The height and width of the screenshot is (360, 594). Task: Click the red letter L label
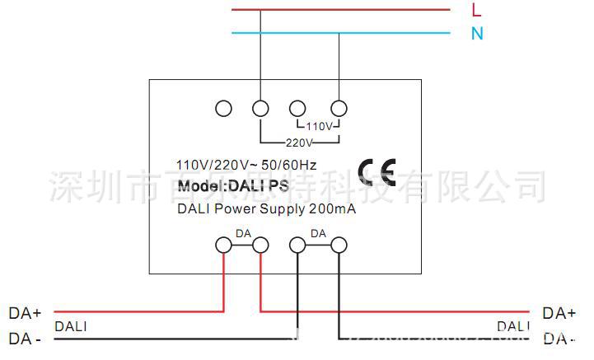pos(476,11)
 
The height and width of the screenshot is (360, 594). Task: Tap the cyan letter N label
pos(477,34)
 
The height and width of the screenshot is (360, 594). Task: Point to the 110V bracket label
pos(319,127)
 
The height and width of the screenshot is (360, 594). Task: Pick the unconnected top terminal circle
pos(222,108)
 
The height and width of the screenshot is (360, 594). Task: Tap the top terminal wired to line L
pos(260,108)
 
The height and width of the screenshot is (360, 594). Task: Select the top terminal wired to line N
pos(339,108)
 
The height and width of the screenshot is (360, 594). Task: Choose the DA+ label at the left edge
pos(25,313)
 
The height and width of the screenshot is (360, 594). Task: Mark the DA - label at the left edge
pos(25,338)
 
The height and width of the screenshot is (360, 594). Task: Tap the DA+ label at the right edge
pos(559,313)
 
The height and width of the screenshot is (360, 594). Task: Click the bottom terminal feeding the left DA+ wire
pos(222,245)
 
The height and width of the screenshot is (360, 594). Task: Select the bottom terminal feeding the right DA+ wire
pos(260,245)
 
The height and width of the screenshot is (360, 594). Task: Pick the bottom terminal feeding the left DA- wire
pos(298,245)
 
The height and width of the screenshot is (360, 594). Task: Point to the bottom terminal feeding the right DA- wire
pos(338,245)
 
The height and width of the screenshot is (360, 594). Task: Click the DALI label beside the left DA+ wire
pos(70,326)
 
